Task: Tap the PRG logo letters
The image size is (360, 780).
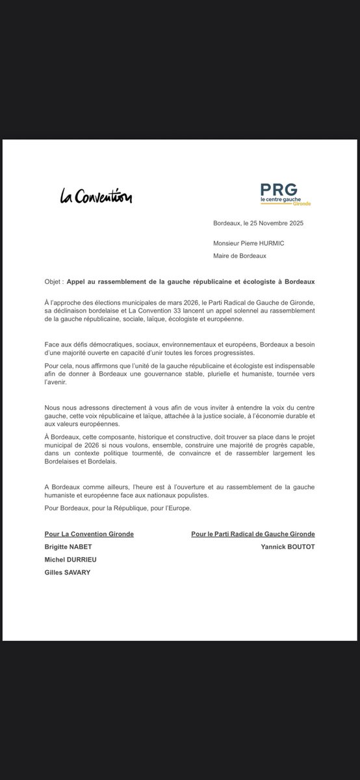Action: (279, 189)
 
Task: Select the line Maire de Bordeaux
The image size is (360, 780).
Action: (240, 255)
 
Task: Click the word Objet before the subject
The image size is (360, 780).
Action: (53, 283)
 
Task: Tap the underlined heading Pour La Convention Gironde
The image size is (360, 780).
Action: (89, 534)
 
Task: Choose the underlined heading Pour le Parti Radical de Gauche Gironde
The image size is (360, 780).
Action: (253, 534)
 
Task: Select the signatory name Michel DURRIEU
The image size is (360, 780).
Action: (68, 560)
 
